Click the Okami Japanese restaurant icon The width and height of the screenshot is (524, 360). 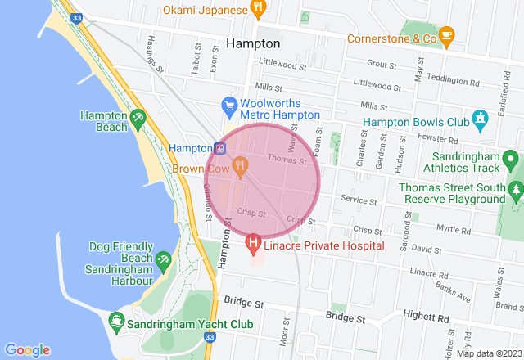[258, 10]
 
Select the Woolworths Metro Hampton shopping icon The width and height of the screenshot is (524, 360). [230, 106]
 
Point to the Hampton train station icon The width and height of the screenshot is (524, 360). [219, 148]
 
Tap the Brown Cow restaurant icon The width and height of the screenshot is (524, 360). [240, 168]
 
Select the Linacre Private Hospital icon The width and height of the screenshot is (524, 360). [254, 243]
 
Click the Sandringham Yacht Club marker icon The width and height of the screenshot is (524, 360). [115, 322]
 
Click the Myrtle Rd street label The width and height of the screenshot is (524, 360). [453, 228]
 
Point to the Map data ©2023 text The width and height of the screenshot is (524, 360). [488, 353]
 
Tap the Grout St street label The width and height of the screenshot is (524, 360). [382, 63]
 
